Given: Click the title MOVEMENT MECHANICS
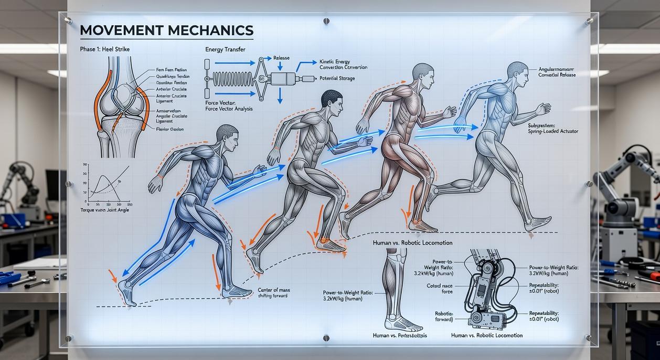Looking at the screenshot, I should pyautogui.click(x=166, y=30).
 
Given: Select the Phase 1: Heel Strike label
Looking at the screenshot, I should pyautogui.click(x=105, y=49).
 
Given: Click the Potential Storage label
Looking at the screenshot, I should pyautogui.click(x=337, y=79).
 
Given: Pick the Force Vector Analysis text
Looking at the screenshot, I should pyautogui.click(x=229, y=109).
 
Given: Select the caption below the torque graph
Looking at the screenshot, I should pyautogui.click(x=104, y=210).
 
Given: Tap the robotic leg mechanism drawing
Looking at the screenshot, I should pyautogui.click(x=486, y=289).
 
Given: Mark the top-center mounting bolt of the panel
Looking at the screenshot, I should pyautogui.click(x=326, y=21).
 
